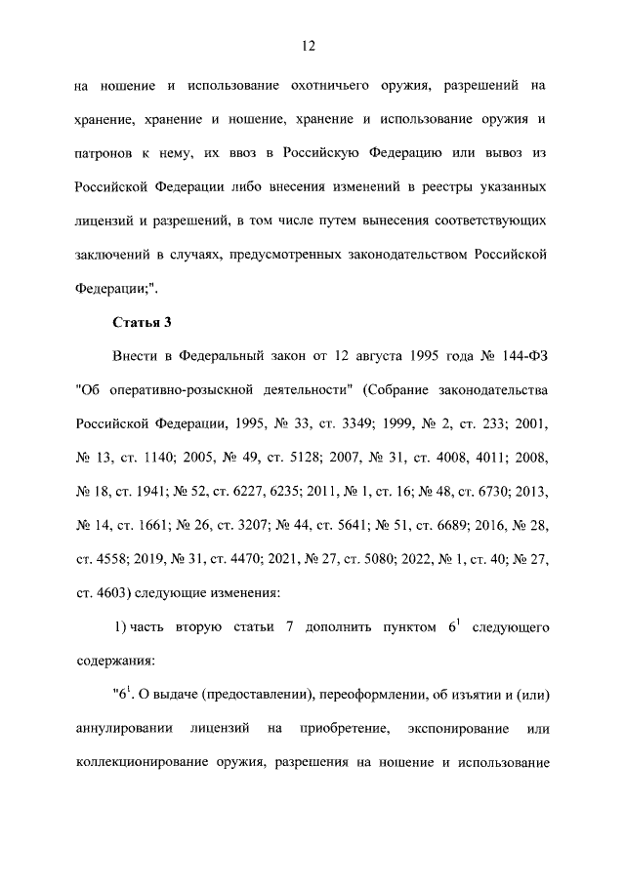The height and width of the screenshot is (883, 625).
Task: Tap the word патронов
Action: coord(106,154)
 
